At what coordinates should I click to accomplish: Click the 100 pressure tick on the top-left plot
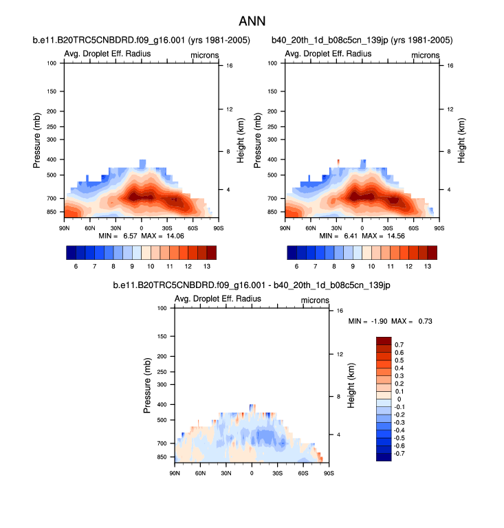[x=52, y=63]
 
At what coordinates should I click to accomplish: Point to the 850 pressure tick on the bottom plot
[x=162, y=457]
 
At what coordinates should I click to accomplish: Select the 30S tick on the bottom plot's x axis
[x=277, y=472]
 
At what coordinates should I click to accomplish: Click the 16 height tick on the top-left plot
[x=228, y=66]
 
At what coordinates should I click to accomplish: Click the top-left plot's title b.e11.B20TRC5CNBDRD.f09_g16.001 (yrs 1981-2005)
[x=141, y=41]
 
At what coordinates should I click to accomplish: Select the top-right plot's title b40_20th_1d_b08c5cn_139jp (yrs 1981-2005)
[x=362, y=41]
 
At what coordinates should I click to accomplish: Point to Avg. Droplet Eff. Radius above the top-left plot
[x=107, y=54]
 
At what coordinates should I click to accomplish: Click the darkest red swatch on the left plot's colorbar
[x=210, y=252]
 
